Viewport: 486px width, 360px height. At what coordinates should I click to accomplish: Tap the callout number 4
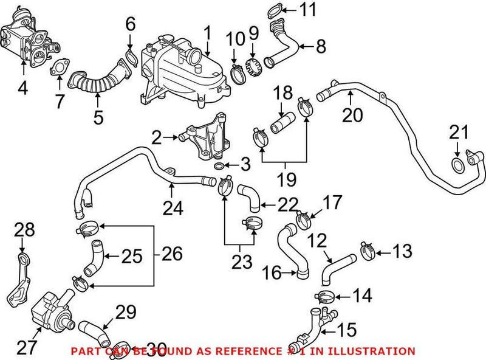22,89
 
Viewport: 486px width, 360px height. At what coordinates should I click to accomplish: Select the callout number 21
459,131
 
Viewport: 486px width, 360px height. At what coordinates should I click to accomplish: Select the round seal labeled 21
459,164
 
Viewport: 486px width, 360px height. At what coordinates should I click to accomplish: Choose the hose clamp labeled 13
367,249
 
